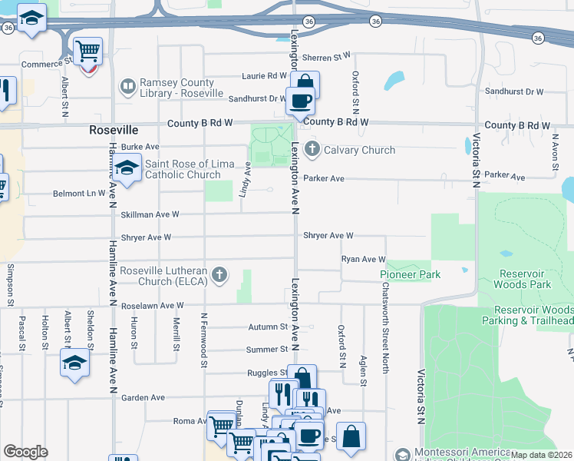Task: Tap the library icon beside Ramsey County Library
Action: [x=127, y=85]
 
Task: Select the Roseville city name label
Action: [x=114, y=130]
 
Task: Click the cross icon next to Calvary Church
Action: [x=312, y=149]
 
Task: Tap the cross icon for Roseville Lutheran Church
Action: [x=219, y=275]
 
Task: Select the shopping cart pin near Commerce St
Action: [x=87, y=51]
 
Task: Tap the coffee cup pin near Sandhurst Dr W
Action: [x=300, y=100]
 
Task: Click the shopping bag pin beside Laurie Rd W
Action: [x=305, y=83]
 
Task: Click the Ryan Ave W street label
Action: [x=363, y=260]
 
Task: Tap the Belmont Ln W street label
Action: [x=78, y=193]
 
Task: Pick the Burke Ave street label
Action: [x=140, y=146]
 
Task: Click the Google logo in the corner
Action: [x=26, y=452]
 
